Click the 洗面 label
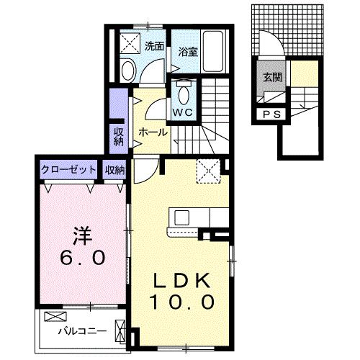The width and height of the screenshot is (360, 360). coord(153,46)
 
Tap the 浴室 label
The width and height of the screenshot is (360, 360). coord(189,52)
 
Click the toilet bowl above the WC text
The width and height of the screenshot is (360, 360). coord(181,93)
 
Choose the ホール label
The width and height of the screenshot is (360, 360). coord(153,132)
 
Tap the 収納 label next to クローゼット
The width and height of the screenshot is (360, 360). coord(114,170)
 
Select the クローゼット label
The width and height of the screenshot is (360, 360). coord(68,170)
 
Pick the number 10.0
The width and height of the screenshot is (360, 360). coord(181,302)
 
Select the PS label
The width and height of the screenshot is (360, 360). coord(272,114)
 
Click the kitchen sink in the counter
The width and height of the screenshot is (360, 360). coord(180,217)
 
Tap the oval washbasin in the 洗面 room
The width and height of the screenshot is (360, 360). coord(128,71)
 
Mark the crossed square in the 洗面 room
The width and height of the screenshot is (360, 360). coord(131,40)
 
